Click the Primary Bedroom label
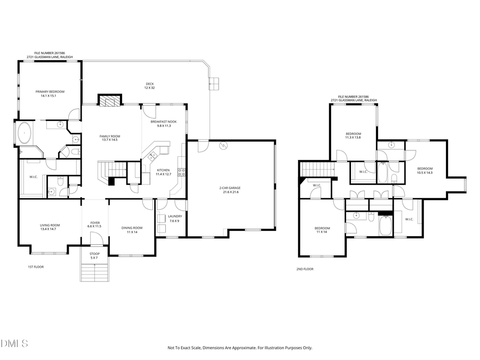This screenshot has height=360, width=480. pos(50,92)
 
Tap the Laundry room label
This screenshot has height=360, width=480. pos(175,216)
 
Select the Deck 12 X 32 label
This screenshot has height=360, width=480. pos(150,84)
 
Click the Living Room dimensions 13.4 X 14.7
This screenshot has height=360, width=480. pos(50,229)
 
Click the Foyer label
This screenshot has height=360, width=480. pos(94,223)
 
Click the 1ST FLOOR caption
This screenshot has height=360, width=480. pos(36,267)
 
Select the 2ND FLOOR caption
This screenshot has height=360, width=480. pos(305,269)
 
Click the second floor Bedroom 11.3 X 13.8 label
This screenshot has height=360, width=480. pos(353,134)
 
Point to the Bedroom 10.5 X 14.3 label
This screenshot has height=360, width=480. pos(425,169)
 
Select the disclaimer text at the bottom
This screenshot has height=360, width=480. pos(240,348)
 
